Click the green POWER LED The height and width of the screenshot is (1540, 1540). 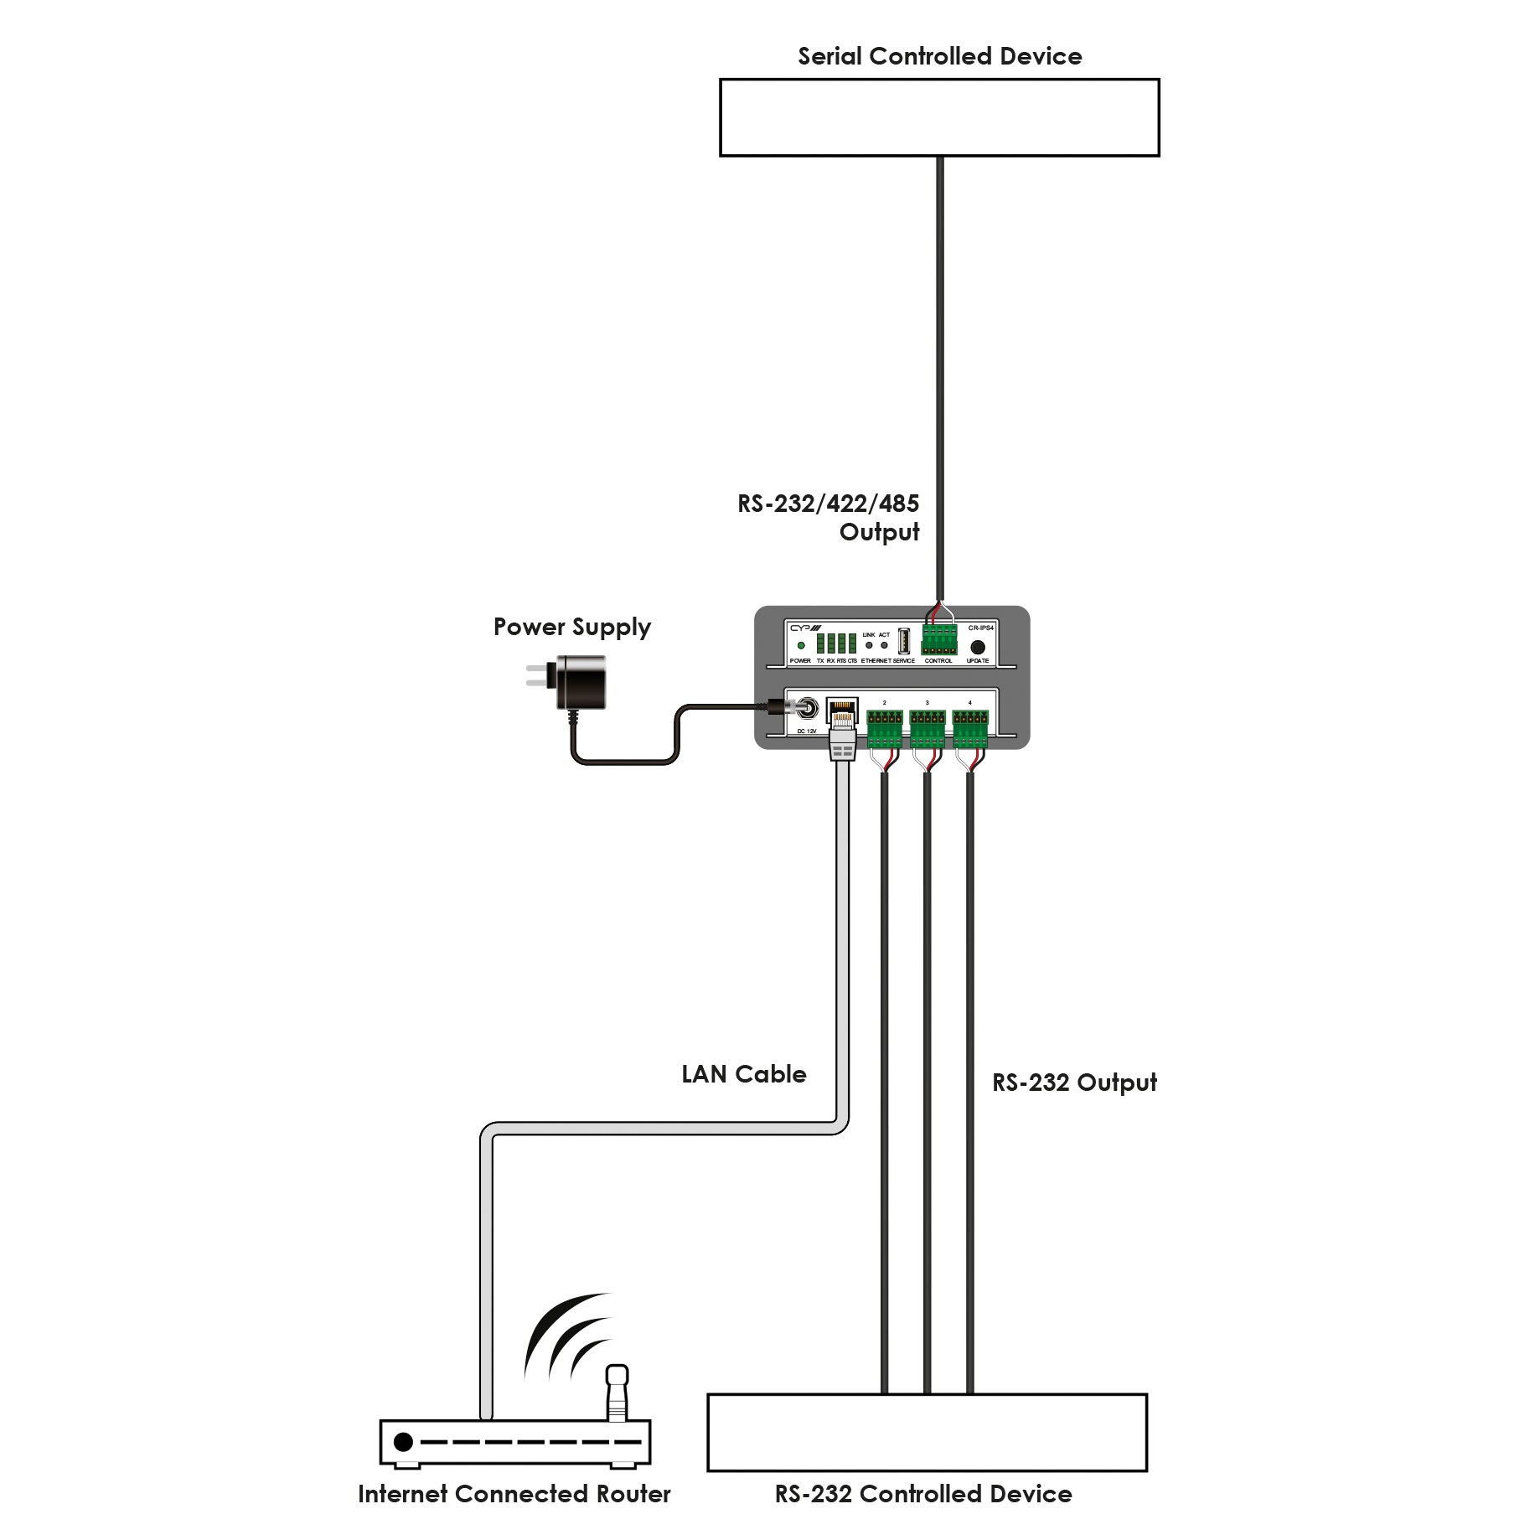pos(801,645)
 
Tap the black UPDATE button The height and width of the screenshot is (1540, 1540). pos(977,647)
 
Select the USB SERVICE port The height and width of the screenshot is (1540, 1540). pos(904,641)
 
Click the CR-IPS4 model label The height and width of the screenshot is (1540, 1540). pos(980,628)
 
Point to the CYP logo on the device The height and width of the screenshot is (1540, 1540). pos(805,628)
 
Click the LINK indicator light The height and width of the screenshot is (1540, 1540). pos(869,645)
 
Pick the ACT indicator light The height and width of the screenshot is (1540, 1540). pos(884,645)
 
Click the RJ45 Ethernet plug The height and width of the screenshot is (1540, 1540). pos(842,744)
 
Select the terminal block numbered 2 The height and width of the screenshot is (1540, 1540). pos(884,727)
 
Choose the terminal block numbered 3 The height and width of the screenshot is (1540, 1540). pos(927,727)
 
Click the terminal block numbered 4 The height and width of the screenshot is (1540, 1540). pos(970,727)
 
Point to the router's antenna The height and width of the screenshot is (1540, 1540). pos(617,1394)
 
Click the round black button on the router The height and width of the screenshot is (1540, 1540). pos(404,1442)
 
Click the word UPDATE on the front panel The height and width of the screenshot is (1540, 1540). pos(978,661)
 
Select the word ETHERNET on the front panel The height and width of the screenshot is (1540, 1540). pos(876,661)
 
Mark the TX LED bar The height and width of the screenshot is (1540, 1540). pos(821,643)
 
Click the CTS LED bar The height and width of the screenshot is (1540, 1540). pos(852,643)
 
